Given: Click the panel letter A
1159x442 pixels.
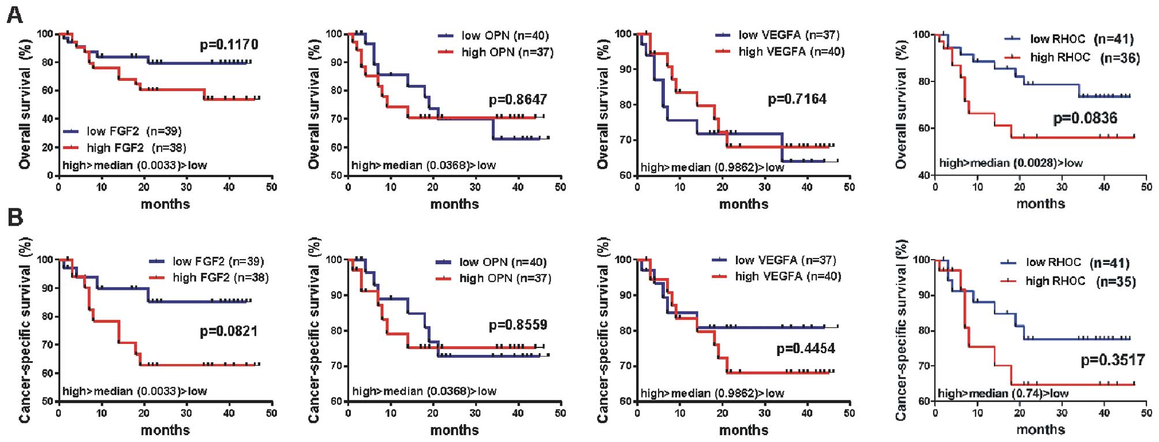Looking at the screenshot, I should (x=14, y=14).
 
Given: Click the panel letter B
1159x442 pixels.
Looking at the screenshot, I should (x=14, y=218).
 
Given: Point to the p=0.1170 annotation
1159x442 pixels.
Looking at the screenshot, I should (x=229, y=45).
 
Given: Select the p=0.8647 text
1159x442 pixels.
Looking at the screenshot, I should (x=518, y=100).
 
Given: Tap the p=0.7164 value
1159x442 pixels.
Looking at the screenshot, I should (x=797, y=99).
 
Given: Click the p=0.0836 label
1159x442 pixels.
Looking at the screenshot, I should (x=1085, y=118).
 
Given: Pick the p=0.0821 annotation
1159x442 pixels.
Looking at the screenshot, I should (x=229, y=331).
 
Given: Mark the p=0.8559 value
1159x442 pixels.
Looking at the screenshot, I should (x=518, y=325).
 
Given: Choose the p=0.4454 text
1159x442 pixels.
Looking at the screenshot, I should (x=806, y=349).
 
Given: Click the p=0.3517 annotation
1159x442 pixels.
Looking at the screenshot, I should (x=1112, y=360).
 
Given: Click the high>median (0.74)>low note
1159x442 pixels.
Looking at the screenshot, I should (x=1003, y=394).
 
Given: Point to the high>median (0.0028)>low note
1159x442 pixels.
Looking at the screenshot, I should (x=1011, y=163).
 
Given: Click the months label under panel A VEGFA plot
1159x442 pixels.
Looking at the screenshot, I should (x=743, y=204).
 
